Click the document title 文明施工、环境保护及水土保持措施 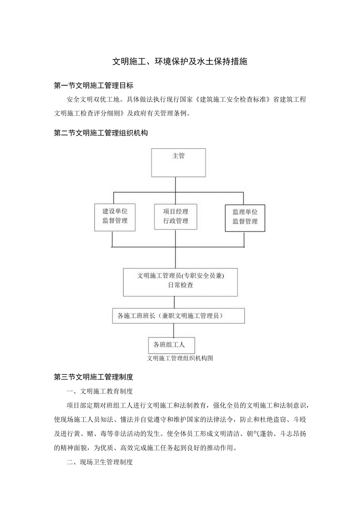[180, 62]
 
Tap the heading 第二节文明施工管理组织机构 [101, 133]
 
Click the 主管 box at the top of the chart [178, 162]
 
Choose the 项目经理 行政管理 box [175, 216]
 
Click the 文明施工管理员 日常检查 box [180, 282]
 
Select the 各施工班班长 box [178, 316]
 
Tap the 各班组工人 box [171, 345]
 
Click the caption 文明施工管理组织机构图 [180, 358]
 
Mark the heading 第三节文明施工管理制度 [94, 377]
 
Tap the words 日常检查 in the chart [180, 286]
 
